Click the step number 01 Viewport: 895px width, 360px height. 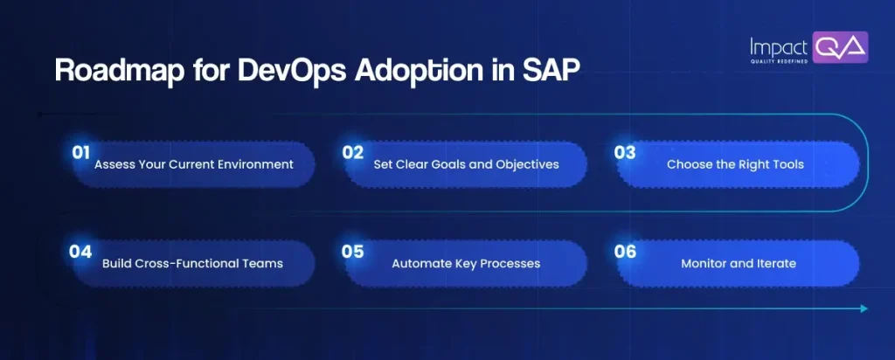tap(81, 152)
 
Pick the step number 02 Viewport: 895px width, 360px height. tap(352, 152)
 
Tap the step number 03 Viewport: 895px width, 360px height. tap(624, 152)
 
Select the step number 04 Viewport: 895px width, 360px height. tap(81, 252)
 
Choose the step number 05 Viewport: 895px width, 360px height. tap(352, 252)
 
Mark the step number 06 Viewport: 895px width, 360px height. tap(624, 252)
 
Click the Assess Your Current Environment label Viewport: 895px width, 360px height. tap(193, 164)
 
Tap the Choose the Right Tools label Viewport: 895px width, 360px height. tap(735, 164)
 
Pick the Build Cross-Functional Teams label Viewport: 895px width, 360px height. tap(193, 263)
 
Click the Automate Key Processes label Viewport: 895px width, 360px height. tap(465, 263)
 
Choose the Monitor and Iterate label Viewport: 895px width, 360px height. tap(739, 263)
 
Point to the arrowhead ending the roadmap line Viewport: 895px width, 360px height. tap(864, 308)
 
